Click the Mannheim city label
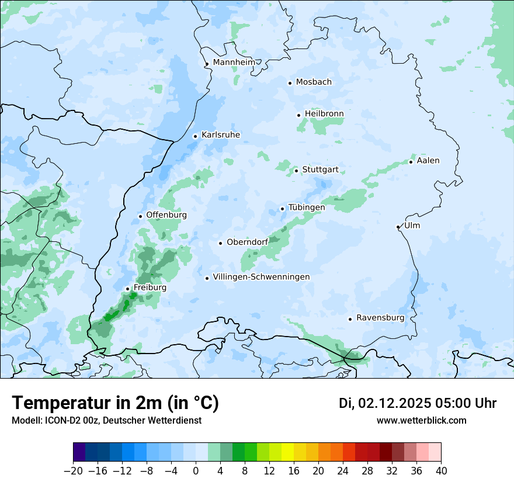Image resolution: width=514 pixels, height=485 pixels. tap(234, 62)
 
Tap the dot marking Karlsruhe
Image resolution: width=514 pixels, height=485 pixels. tap(195, 136)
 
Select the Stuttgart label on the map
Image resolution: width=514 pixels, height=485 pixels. tap(320, 170)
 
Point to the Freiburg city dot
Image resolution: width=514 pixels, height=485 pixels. tap(127, 289)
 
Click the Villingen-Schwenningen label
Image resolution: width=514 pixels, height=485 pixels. tap(261, 277)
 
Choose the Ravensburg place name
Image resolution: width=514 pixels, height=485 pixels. tap(380, 318)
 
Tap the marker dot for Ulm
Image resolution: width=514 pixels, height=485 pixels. tap(398, 227)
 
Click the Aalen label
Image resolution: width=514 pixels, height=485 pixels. tap(428, 161)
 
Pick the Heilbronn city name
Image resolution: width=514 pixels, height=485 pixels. tap(324, 113)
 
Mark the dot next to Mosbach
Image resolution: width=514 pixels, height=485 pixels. tap(290, 83)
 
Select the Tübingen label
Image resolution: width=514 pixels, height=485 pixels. tap(307, 207)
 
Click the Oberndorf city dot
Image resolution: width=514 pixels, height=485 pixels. tap(220, 243)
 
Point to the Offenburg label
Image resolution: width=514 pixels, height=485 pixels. tap(166, 215)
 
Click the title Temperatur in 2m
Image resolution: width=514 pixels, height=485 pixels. tap(116, 403)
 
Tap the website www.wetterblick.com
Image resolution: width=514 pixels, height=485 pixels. tap(422, 420)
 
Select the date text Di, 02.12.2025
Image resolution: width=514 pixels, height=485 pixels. tap(385, 403)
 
